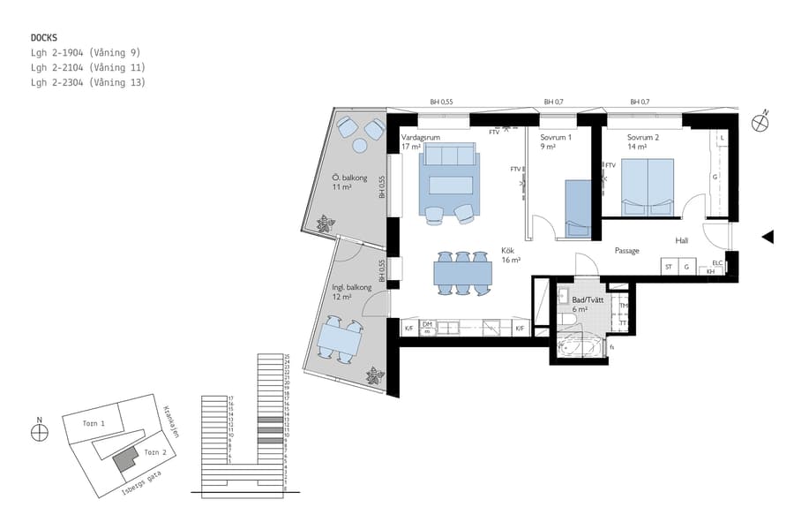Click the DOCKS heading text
(x=44, y=38)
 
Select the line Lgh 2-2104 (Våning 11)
(x=87, y=67)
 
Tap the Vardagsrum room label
(x=420, y=139)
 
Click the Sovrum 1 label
(x=556, y=139)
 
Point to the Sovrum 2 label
(x=643, y=139)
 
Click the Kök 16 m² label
(x=511, y=255)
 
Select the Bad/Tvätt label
(x=588, y=300)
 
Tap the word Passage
(x=626, y=251)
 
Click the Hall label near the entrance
(x=682, y=239)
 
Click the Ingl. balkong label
(x=352, y=288)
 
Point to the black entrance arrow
(x=768, y=237)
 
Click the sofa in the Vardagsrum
(x=450, y=156)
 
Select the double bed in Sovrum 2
(x=648, y=186)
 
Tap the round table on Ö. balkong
(x=360, y=146)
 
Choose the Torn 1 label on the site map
(x=94, y=424)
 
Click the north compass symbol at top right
(x=760, y=123)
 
